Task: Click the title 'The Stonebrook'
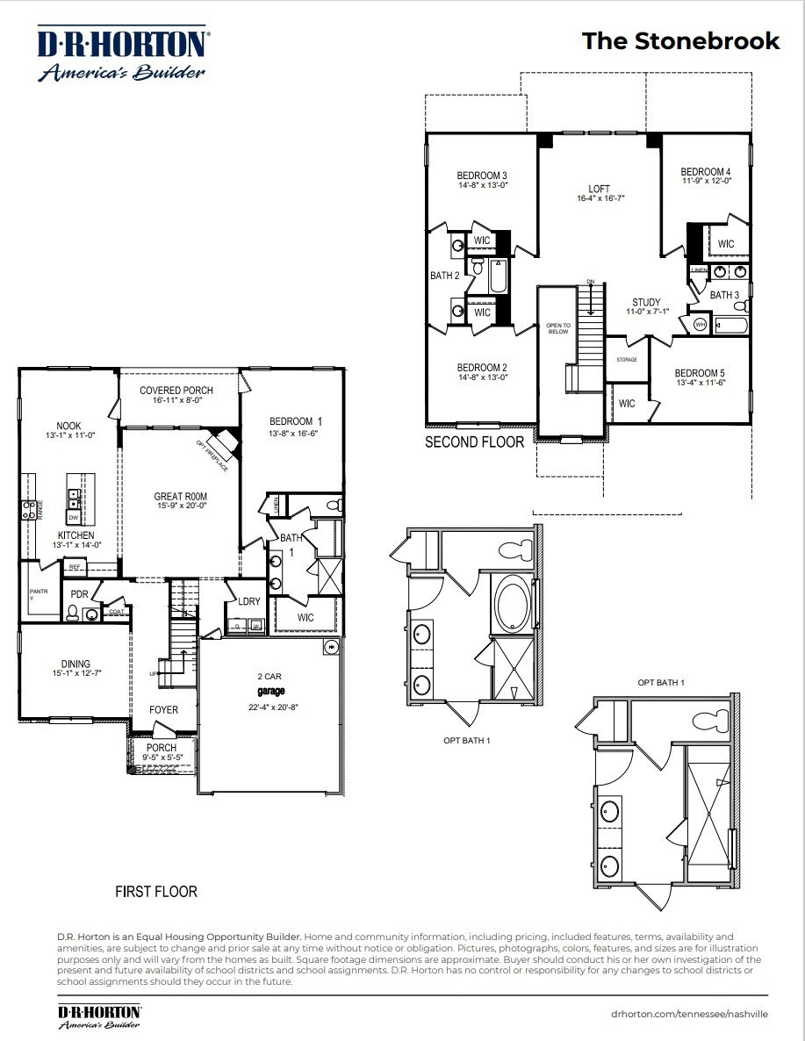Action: tap(680, 41)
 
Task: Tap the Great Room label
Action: tap(180, 497)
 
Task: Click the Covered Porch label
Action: tap(176, 391)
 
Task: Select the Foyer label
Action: tap(163, 709)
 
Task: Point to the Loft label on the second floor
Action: tap(600, 189)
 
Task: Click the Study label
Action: tap(646, 303)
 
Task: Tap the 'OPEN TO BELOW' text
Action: tap(558, 327)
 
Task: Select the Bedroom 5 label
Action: tap(700, 372)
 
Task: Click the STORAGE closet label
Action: tap(627, 360)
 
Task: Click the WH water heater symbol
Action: tap(700, 325)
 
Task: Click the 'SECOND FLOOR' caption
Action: tap(474, 442)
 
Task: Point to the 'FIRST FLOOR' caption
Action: tap(156, 892)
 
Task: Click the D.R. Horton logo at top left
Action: tap(121, 54)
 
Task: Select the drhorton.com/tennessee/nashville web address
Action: tap(689, 1013)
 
